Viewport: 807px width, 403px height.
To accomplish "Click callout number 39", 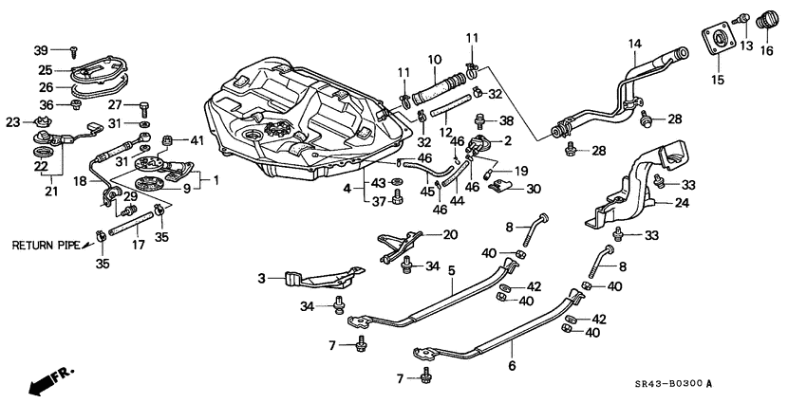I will coord(41,49).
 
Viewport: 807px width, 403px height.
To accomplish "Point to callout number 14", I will coord(634,43).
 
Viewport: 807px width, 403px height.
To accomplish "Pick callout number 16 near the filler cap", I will coord(766,50).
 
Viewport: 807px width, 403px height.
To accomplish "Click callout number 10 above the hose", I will coord(434,58).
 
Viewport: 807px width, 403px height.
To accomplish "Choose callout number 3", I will coord(263,278).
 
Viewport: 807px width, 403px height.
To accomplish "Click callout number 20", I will coord(450,234).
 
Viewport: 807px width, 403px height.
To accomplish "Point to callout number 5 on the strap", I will coord(453,270).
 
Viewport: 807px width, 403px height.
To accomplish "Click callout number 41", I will coord(197,140).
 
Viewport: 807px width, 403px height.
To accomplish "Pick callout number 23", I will coord(12,121).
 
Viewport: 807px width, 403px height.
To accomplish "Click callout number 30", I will coord(534,189).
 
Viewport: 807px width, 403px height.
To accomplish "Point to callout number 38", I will coord(507,120).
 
